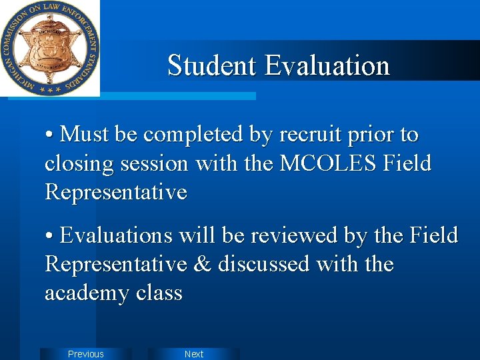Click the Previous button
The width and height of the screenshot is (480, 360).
86,354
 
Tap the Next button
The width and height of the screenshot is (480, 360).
194,354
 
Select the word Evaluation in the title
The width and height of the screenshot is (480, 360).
327,65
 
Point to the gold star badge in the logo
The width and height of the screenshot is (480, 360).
50,47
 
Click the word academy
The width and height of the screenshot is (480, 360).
85,293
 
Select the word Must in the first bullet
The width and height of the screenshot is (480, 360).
85,135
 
